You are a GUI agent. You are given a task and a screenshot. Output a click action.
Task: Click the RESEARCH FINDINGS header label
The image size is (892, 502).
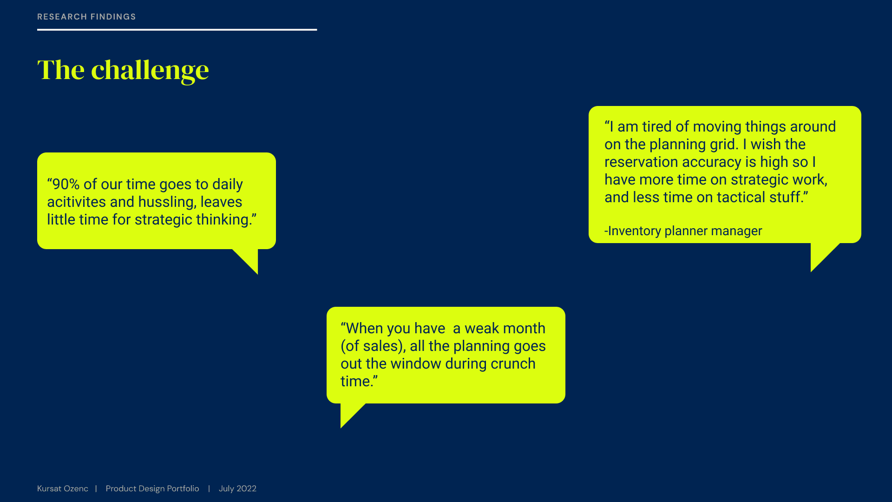86,17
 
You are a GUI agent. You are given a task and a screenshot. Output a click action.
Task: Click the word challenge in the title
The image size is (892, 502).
150,71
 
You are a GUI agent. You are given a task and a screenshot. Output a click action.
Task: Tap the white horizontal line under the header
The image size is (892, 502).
177,30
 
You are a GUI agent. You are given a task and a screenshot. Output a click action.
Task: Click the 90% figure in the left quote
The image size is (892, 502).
66,184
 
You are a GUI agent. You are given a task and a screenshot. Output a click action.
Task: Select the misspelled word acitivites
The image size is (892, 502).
76,202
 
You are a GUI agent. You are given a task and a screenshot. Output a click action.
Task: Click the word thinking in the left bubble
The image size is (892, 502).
224,220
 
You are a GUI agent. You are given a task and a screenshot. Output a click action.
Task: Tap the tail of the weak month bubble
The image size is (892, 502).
349,414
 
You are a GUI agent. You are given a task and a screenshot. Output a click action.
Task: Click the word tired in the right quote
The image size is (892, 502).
657,126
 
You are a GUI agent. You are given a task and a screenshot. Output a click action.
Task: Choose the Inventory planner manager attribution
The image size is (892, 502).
683,231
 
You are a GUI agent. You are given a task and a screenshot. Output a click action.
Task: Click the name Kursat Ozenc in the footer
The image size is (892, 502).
63,489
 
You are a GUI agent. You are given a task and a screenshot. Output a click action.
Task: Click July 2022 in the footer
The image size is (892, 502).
237,489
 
